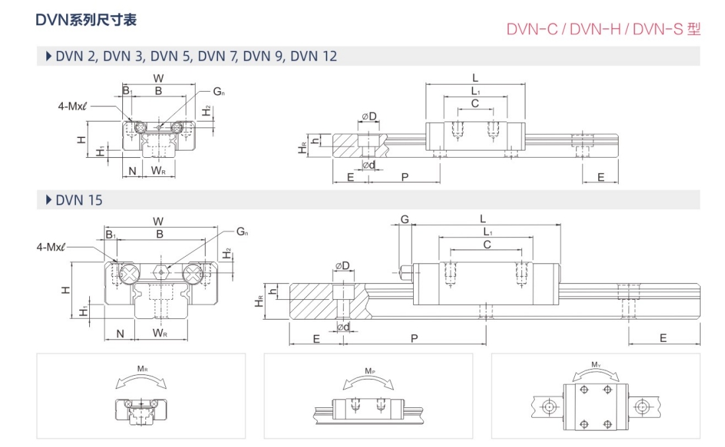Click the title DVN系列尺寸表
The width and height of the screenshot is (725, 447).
click(86, 20)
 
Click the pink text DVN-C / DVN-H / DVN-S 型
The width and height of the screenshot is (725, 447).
click(603, 29)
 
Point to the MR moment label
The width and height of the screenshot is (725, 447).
click(142, 369)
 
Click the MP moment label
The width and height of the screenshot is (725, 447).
click(369, 371)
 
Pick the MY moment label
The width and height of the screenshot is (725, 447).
click(596, 365)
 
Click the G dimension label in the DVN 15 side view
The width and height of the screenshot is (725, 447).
click(404, 219)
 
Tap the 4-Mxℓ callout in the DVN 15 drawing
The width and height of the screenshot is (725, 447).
click(51, 247)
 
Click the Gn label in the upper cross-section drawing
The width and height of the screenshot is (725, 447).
click(219, 91)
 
